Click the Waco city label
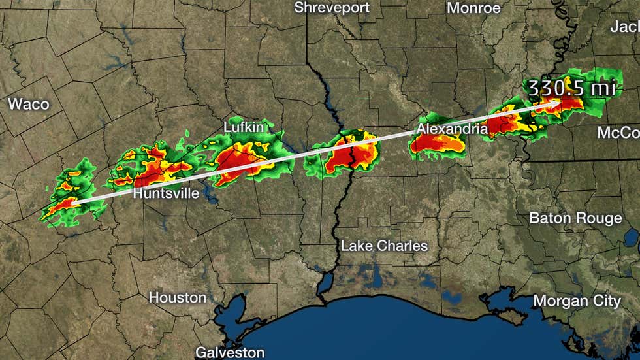pos(28,104)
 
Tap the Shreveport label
pos(332,8)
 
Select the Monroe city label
pos(473,8)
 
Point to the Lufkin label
pos(244,127)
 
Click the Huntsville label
pos(166,194)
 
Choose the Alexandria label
pos(452,129)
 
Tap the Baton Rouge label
pos(575,218)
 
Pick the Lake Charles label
pos(384,246)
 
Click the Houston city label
pos(178,297)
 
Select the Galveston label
pos(231,352)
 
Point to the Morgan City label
pos(577,301)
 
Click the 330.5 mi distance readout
pos(571,88)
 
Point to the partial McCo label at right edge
pos(618,133)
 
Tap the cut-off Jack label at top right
pos(624,26)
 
